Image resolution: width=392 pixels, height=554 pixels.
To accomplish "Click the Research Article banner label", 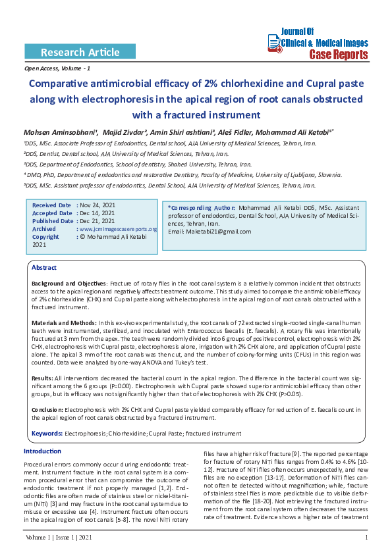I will coord(80,52).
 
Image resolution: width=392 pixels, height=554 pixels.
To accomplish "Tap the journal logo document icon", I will coord(274,43).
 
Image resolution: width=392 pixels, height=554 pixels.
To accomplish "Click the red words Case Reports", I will coord(339,54).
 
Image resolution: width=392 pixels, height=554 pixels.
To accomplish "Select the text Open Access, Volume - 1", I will coord(57,68).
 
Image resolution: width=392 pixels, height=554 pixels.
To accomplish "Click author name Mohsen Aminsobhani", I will coord(60,131).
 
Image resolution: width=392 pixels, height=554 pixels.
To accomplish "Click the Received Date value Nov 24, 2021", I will coord(98,205).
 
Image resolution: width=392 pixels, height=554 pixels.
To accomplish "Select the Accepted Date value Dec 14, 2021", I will coord(98,213).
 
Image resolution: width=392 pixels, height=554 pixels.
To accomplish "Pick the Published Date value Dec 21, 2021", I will coord(98,221).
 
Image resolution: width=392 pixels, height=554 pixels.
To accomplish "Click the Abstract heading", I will coord(44,268).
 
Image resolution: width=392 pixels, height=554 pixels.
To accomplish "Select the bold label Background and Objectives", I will coord(69,282).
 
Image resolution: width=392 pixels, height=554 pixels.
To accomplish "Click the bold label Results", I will coord(42,378).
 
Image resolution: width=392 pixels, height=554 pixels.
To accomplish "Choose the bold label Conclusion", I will coord(47,409).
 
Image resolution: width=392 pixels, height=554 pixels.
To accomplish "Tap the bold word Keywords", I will coord(47,433).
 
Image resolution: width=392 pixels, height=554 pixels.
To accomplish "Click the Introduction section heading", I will coord(42,451).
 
